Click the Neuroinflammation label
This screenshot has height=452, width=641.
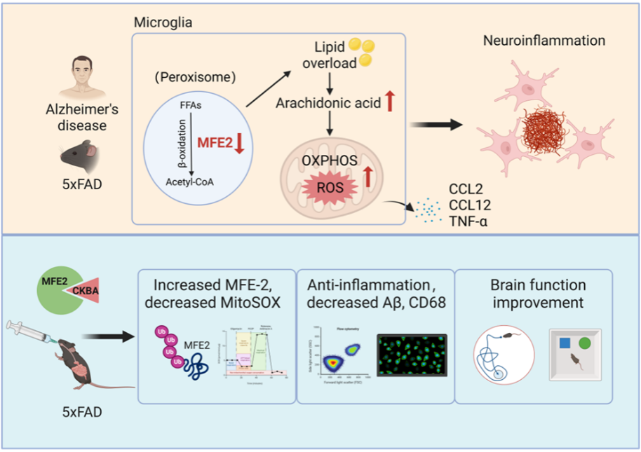[x=544, y=41]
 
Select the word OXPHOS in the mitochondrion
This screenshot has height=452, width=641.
[x=328, y=160]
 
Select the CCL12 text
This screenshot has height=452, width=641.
[x=469, y=205]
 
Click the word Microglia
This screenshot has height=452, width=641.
[x=163, y=23]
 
